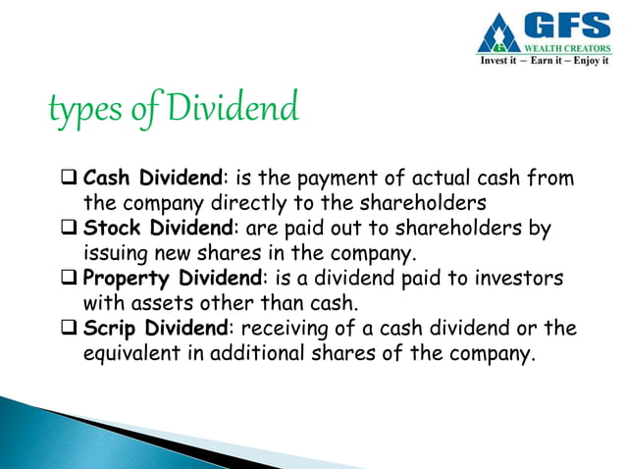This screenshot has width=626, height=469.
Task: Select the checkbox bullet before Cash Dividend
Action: click(70, 181)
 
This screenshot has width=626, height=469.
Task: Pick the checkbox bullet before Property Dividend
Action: click(70, 279)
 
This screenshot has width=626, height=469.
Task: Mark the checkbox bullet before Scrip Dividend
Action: click(70, 328)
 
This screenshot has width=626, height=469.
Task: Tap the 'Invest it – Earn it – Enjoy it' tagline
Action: click(544, 60)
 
